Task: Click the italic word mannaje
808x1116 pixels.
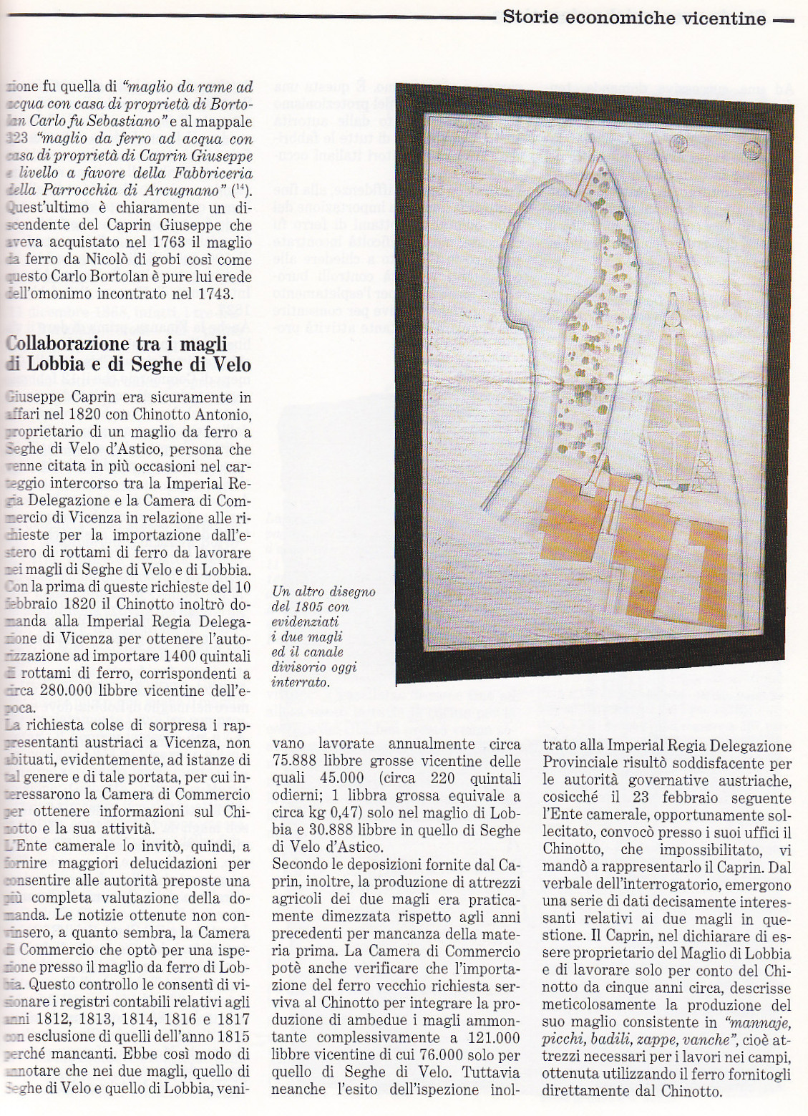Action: click(x=759, y=1022)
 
